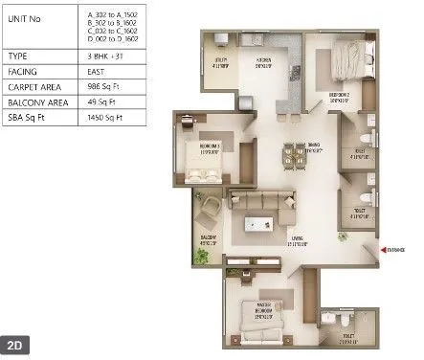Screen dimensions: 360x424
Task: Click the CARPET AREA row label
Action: click(x=31, y=86)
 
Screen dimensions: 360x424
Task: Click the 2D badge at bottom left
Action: click(x=16, y=343)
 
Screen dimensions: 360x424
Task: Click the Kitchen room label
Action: click(x=263, y=65)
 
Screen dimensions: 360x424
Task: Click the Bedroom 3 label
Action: click(x=211, y=146)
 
